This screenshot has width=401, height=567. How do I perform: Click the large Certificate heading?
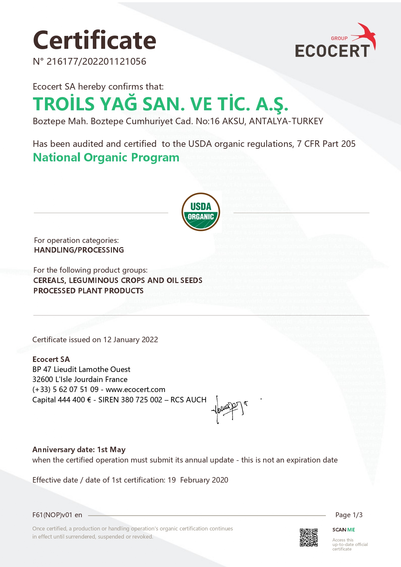click(x=94, y=40)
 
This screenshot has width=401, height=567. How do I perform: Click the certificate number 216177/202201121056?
click(x=96, y=61)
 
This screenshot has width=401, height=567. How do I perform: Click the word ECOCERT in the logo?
click(x=332, y=51)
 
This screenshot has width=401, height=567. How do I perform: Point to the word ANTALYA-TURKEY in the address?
click(x=286, y=121)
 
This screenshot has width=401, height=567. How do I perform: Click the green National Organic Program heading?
click(x=106, y=158)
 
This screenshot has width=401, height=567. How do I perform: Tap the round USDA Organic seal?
click(x=201, y=212)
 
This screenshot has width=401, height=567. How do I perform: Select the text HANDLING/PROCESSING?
click(x=79, y=250)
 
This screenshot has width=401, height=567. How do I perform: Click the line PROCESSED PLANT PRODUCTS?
click(x=88, y=291)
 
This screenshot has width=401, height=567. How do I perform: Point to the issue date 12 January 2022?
click(x=131, y=340)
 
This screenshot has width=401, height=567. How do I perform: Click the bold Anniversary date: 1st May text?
click(x=79, y=450)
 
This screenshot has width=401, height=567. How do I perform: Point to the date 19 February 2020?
click(x=198, y=480)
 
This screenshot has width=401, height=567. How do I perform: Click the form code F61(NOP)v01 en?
click(x=57, y=515)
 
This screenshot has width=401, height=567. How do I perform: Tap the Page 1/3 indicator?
click(x=349, y=515)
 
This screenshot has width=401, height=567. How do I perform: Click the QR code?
click(x=309, y=538)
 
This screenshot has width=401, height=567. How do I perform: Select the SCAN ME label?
click(x=343, y=530)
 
